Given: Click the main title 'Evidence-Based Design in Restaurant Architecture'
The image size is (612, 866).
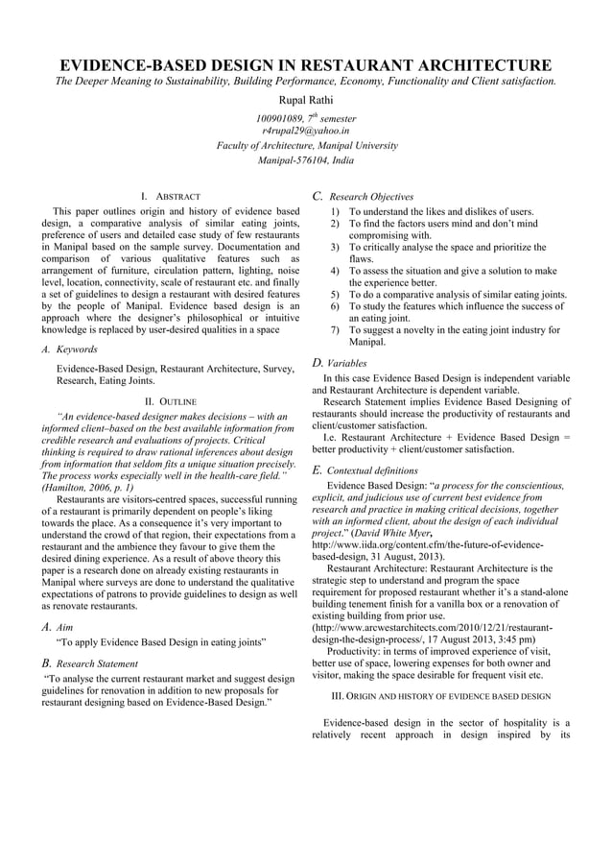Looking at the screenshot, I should (306, 64).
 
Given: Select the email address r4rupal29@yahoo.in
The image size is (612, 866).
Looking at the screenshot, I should (306, 130).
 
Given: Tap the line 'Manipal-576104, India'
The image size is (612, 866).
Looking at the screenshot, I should (306, 160).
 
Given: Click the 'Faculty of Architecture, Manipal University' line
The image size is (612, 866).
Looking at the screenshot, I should (306, 145).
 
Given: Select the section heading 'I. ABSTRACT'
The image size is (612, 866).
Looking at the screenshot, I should (170, 196).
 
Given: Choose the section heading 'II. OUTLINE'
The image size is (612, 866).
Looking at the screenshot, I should (170, 400).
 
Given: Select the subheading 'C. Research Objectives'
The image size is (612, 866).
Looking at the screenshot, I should (364, 196).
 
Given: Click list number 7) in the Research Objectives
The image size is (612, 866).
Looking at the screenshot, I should (334, 330).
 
